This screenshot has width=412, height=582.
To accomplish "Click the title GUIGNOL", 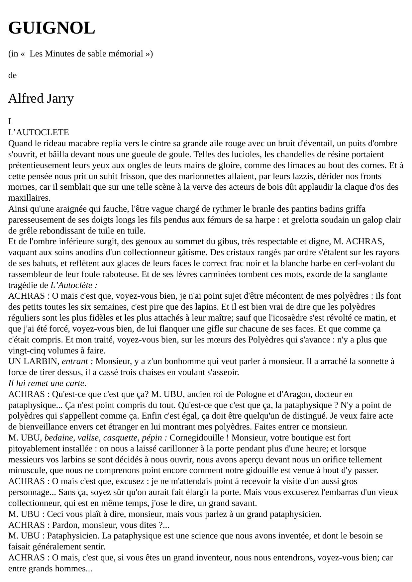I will [x=51, y=28].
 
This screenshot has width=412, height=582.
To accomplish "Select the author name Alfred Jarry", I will [x=41, y=99].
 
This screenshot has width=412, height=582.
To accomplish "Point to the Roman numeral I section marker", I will [x=10, y=122].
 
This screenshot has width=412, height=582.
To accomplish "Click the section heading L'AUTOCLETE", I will [x=39, y=133].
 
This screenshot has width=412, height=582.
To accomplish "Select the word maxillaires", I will [x=29, y=198].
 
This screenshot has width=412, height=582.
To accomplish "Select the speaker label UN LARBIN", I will [x=34, y=361].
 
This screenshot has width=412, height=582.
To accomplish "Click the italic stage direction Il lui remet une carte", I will [x=47, y=383].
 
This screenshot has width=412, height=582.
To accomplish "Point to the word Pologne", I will [x=251, y=394].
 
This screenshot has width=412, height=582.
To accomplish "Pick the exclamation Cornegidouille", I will [x=198, y=438].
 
